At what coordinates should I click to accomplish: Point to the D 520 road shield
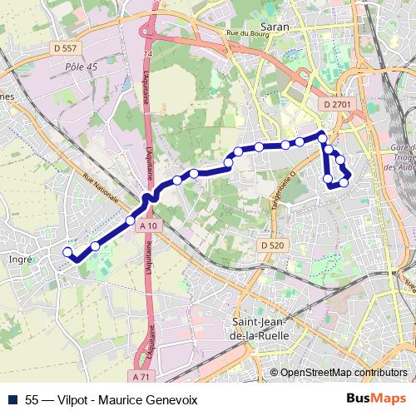coord(271,245)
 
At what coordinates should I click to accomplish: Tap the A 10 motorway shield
coord(149,226)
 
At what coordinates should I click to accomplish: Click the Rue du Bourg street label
coord(244,33)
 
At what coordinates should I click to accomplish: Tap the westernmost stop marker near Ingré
coord(67,251)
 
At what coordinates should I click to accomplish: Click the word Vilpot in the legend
coord(73,399)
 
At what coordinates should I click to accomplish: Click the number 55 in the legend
coord(32,399)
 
